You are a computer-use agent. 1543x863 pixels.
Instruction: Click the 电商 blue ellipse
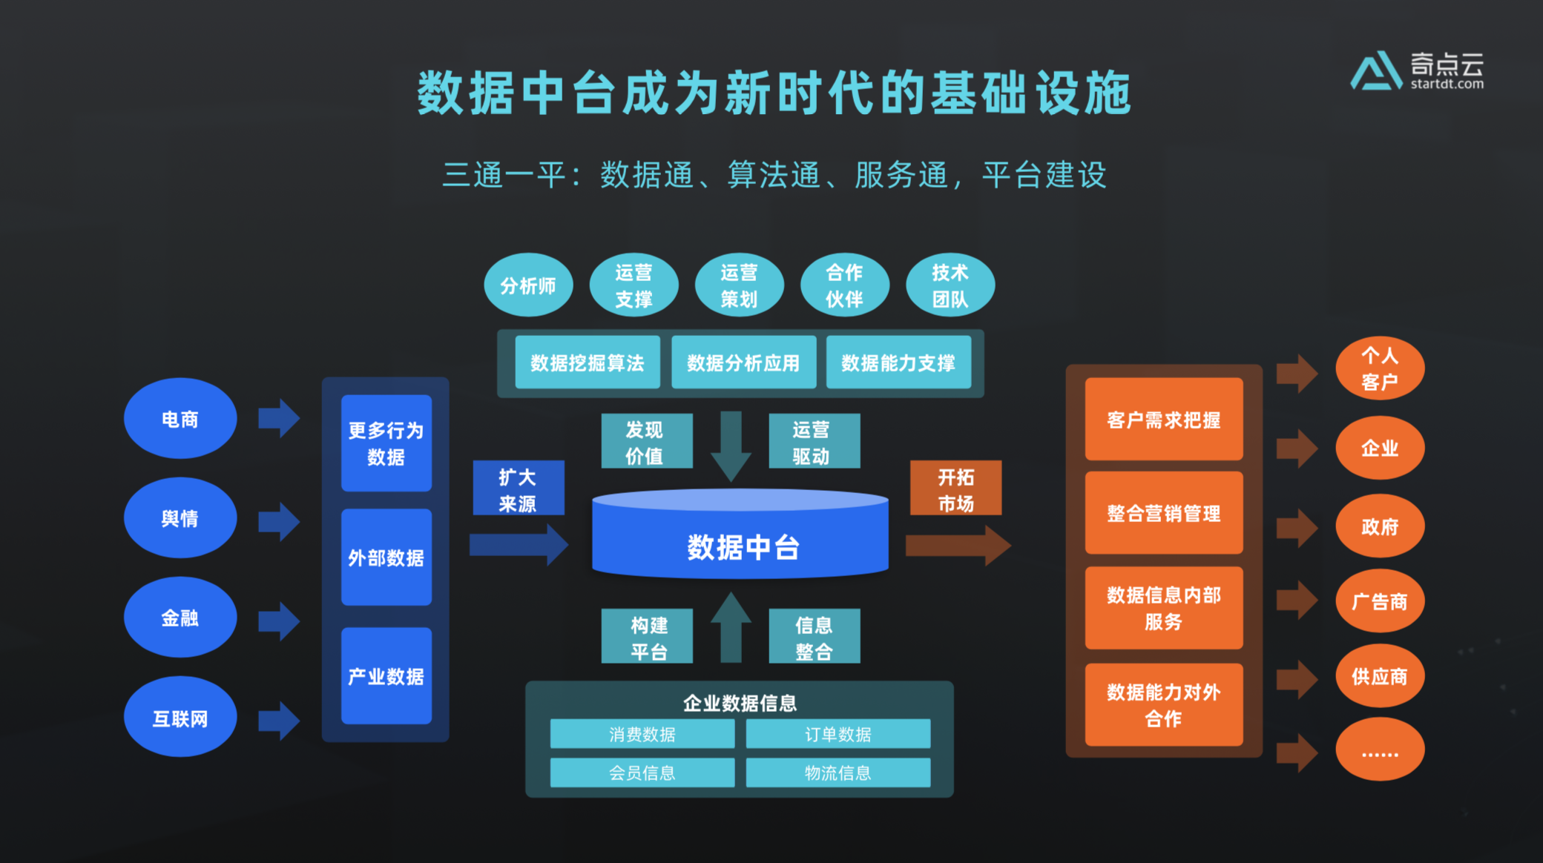180,419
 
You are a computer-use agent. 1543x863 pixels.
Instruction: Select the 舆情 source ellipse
180,518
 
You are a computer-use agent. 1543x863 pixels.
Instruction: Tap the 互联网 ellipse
180,718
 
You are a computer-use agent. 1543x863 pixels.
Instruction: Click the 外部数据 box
386,558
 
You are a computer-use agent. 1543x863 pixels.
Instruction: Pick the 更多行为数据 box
386,443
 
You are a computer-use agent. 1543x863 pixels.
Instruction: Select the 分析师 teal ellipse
528,285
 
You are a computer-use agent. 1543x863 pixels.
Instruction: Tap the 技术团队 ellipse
950,285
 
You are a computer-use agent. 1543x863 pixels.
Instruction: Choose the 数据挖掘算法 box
588,363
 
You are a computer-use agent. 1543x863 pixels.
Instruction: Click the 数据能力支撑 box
898,363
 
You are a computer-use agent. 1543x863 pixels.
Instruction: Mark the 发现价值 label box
646,442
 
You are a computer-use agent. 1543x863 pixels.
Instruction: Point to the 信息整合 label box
814,637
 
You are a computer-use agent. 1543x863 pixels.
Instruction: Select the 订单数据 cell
838,734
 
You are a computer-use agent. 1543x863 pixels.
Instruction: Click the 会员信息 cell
642,773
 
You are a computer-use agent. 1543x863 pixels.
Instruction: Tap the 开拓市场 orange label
955,489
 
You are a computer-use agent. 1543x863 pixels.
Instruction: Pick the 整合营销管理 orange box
1163,513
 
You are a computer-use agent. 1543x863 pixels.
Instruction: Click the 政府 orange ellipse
1380,526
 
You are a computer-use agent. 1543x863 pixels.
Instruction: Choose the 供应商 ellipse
1380,675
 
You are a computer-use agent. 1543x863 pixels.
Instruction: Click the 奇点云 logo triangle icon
1376,71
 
